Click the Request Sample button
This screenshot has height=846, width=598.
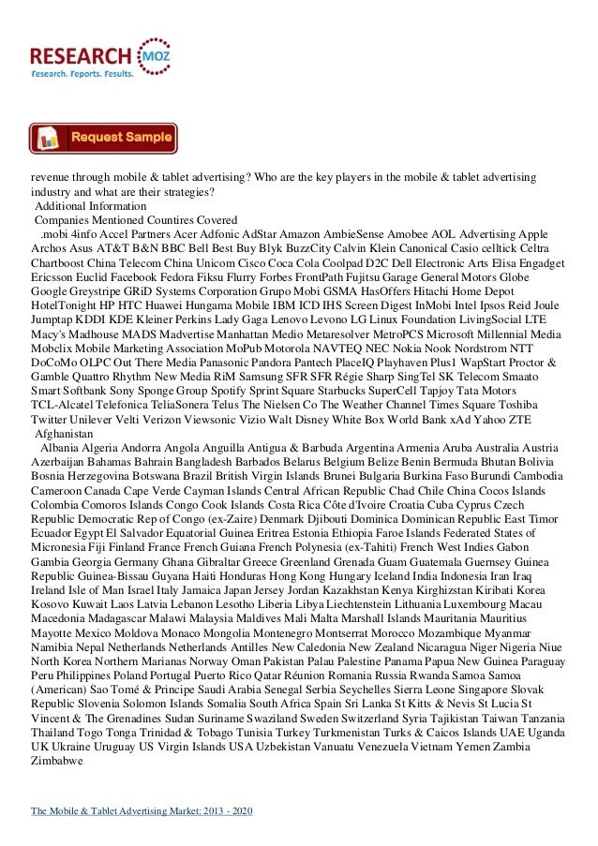pos(103,138)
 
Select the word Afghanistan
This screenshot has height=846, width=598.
pos(64,409)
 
